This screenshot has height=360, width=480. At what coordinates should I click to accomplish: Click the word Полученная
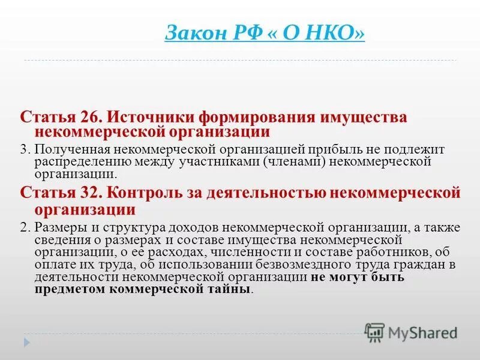[68, 148]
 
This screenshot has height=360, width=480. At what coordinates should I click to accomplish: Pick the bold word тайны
[230, 289]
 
